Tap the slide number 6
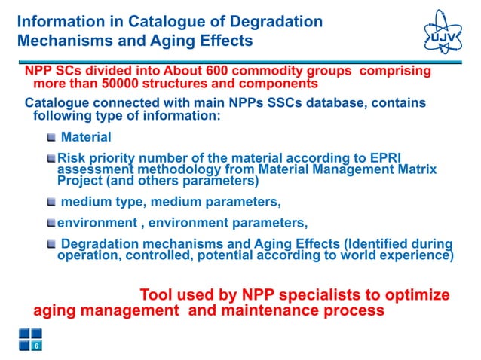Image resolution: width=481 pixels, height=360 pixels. tap(36, 346)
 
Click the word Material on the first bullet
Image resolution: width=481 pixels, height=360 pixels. tap(86, 137)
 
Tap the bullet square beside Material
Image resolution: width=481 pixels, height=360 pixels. tap(51, 138)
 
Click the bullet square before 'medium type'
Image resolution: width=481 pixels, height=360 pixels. tap(51, 202)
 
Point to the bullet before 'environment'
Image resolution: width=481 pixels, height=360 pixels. tap(51, 223)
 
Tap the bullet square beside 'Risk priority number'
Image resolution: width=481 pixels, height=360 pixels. tap(51, 159)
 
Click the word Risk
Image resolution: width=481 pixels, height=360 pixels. tap(72, 158)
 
